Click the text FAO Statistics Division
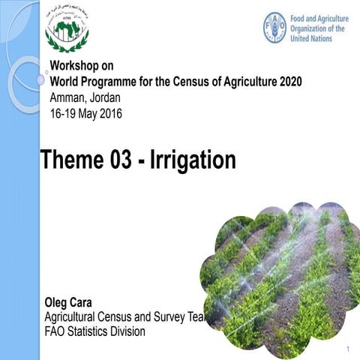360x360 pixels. coord(95,331)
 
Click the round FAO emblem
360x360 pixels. coord(275,27)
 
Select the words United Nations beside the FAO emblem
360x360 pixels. coord(312,38)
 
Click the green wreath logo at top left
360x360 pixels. coord(67,29)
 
